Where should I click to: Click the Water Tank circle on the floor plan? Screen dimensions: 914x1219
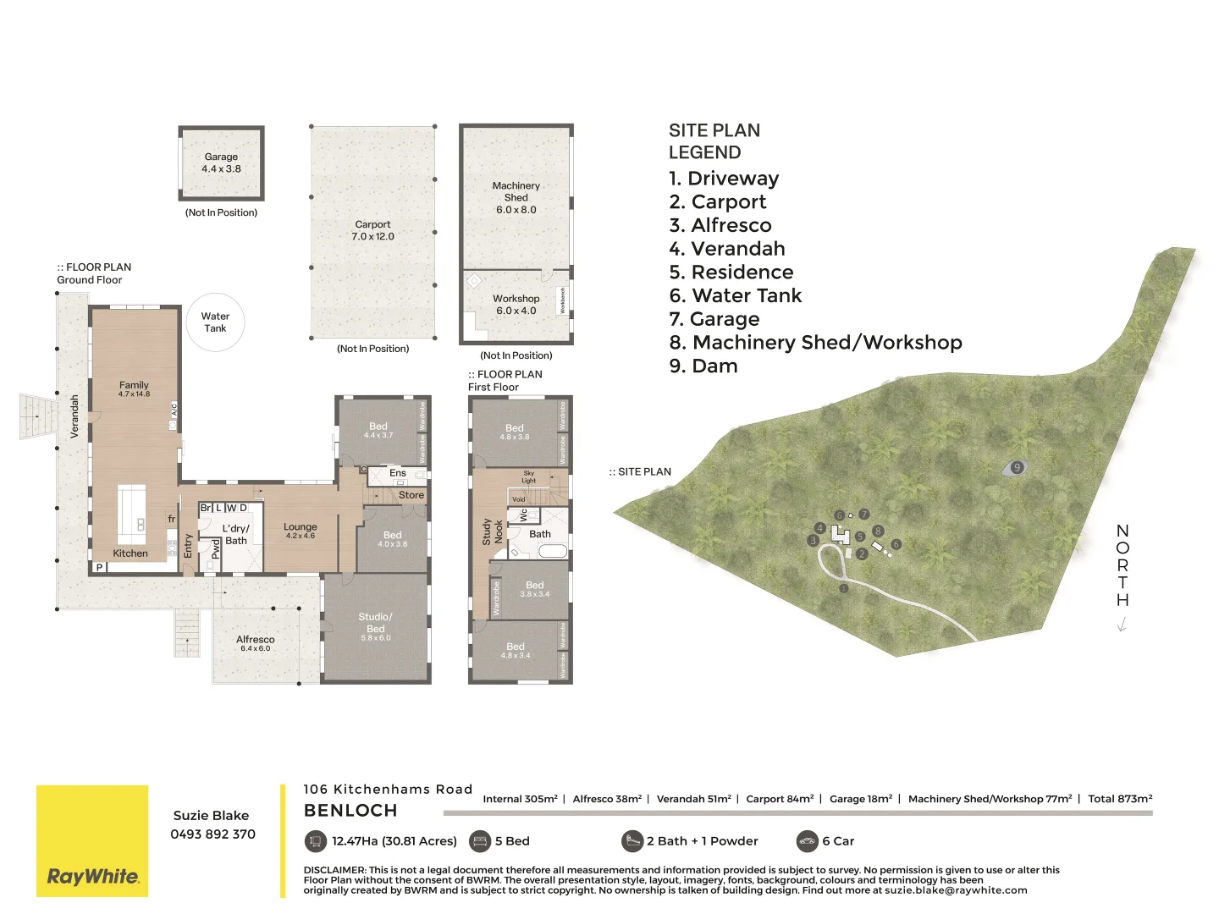[215, 322]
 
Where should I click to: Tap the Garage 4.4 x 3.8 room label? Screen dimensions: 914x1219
[221, 162]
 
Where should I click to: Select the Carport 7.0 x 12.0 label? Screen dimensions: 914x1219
[372, 230]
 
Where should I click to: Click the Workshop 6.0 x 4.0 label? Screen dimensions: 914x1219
[516, 305]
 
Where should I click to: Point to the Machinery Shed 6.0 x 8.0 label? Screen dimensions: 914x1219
[516, 197]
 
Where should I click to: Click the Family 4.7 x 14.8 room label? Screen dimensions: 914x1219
[134, 388]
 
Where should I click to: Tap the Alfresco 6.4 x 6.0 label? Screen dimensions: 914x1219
[255, 643]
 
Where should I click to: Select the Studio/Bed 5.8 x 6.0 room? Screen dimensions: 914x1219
[375, 626]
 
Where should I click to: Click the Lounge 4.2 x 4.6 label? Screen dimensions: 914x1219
[300, 531]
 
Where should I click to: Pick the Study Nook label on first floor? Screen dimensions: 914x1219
[492, 531]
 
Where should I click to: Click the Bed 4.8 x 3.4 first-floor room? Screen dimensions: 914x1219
[515, 650]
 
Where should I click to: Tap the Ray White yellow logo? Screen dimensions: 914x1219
[92, 840]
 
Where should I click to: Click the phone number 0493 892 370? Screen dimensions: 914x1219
[212, 834]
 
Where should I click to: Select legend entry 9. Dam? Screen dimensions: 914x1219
[703, 366]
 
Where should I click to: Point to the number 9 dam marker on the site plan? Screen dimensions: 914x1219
[1017, 467]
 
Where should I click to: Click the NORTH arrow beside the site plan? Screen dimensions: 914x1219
[1122, 625]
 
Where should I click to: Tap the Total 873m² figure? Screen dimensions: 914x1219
[1119, 798]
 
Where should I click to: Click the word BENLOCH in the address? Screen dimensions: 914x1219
[350, 811]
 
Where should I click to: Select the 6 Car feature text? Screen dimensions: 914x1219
[837, 841]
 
